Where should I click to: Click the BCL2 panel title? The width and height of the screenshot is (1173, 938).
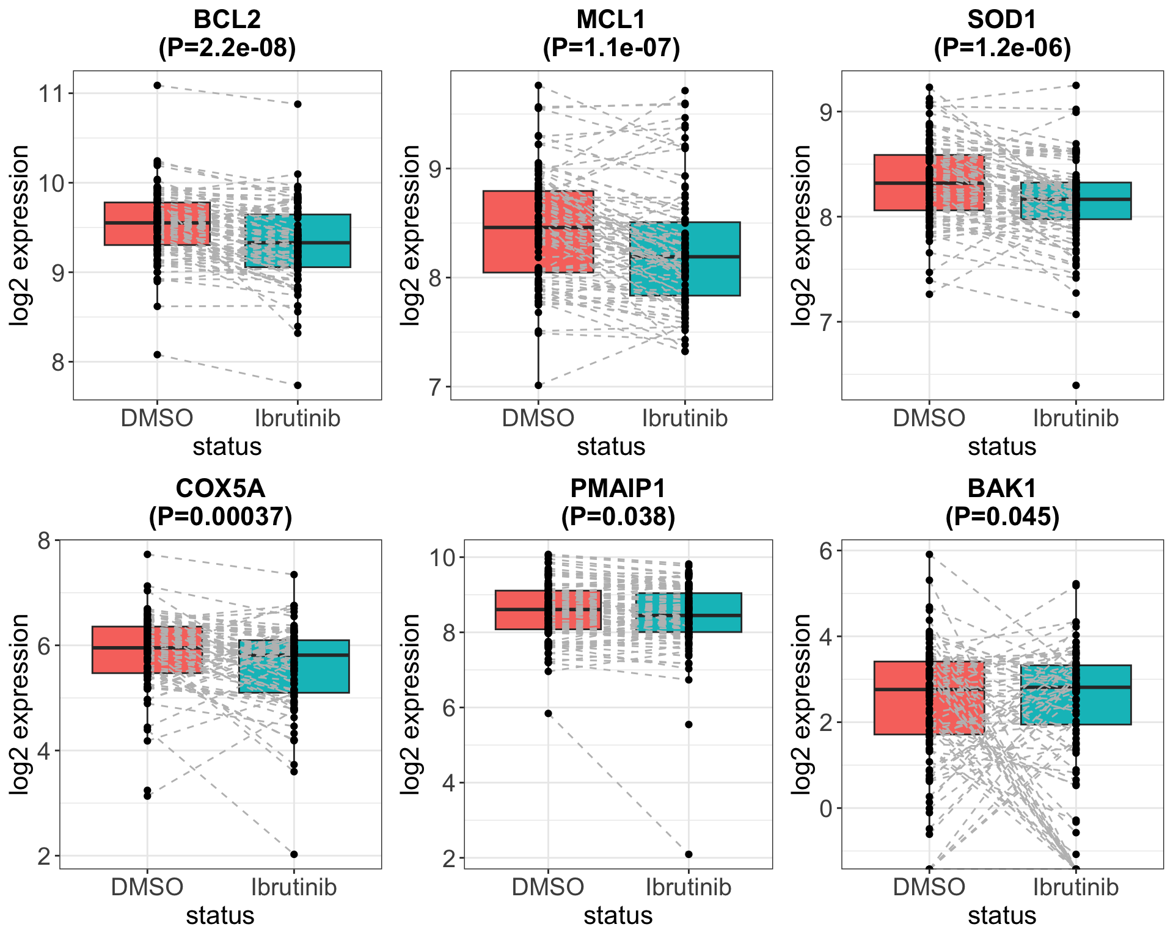227,20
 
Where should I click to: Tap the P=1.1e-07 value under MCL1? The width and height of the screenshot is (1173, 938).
611,48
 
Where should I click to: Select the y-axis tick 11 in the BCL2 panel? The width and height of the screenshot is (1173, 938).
51,93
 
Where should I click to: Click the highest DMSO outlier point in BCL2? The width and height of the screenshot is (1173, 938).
157,85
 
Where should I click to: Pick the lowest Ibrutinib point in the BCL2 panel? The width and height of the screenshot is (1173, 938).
298,385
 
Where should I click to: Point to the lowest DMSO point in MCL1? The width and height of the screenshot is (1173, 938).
538,385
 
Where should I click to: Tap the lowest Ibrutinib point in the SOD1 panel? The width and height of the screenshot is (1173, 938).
1076,385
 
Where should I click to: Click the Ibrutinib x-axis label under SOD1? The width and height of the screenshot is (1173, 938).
1076,418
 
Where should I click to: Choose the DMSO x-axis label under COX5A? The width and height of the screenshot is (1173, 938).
147,887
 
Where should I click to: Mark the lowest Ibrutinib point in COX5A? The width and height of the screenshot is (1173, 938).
294,854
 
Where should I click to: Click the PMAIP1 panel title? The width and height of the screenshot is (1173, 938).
618,489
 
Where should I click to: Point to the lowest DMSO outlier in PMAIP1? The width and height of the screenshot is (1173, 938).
548,713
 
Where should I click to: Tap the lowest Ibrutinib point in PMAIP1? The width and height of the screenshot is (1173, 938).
689,854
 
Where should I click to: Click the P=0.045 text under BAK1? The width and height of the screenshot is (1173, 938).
1002,517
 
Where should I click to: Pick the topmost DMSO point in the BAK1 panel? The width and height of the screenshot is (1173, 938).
929,554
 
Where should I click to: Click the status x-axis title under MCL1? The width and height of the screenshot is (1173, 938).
611,446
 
